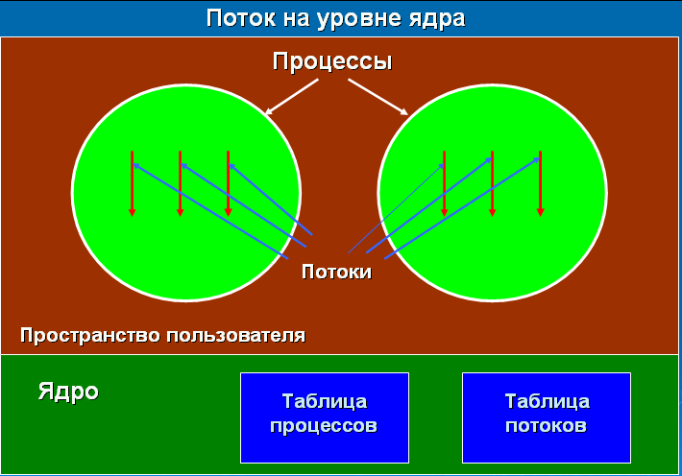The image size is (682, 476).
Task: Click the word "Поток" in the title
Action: point(240,18)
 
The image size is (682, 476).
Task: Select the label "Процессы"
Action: point(332,61)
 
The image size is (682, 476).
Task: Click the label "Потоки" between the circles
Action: point(336,272)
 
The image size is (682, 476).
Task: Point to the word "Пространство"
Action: point(91,336)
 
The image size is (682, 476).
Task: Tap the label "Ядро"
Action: point(68,392)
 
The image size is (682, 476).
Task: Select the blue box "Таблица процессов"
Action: point(325,417)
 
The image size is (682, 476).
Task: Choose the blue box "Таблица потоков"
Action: point(547,417)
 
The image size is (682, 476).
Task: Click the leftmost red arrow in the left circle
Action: point(133,183)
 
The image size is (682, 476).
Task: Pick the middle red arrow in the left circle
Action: point(180,183)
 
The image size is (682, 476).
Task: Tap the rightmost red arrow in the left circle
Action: point(229,183)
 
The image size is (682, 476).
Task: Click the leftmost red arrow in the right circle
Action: point(444,183)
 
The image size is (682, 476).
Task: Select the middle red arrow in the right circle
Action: point(493,183)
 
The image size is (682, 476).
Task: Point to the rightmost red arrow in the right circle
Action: point(540,183)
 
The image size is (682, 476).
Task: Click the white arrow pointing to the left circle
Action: point(292,97)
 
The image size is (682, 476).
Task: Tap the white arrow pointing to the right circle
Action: point(378,97)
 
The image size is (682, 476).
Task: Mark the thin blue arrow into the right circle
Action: point(396,208)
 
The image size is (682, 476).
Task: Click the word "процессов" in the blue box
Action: point(324,426)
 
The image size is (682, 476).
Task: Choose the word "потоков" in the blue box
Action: point(546,425)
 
